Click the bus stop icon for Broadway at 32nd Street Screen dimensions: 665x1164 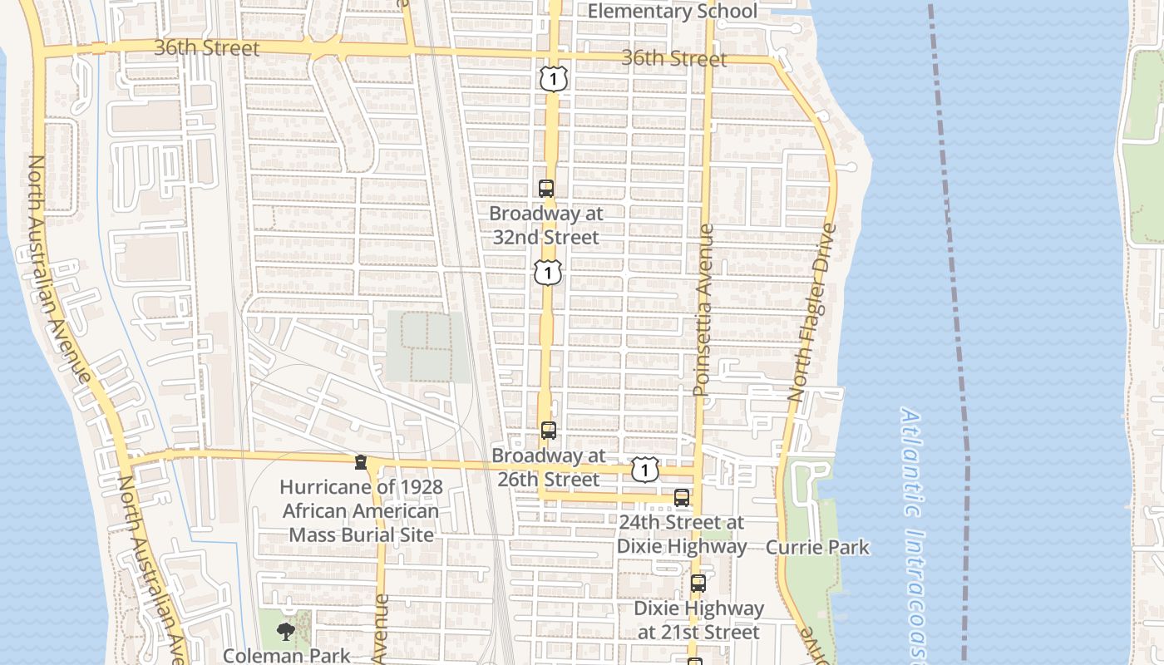[x=546, y=189]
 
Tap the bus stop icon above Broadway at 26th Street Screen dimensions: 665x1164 [x=548, y=431]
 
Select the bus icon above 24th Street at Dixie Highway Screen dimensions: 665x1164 [x=682, y=498]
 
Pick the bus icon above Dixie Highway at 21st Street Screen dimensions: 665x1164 [x=698, y=584]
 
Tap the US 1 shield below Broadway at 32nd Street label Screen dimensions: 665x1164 [x=548, y=272]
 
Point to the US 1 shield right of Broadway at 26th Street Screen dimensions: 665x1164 [x=644, y=470]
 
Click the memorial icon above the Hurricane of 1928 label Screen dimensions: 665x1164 [x=360, y=462]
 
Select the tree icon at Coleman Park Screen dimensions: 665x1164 [x=285, y=632]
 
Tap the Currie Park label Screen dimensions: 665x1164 [x=816, y=547]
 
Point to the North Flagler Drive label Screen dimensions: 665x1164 [x=810, y=312]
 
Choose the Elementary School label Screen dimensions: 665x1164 [x=673, y=11]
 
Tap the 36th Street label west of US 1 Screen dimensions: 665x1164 [x=207, y=48]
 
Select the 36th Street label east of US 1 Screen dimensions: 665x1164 [x=673, y=58]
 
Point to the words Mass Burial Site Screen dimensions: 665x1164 [x=361, y=534]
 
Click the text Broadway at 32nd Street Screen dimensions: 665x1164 [x=546, y=225]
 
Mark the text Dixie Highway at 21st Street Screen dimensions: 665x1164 [x=698, y=620]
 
